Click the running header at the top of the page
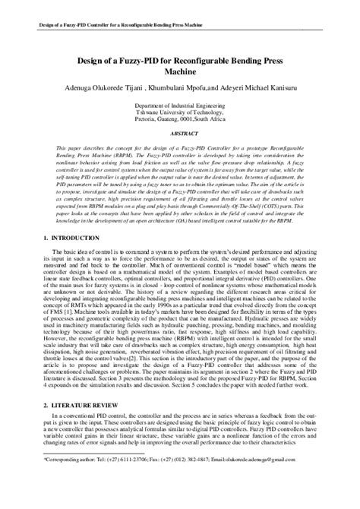(x=113, y=24)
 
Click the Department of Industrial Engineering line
(x=180, y=109)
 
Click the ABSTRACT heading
(x=180, y=132)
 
